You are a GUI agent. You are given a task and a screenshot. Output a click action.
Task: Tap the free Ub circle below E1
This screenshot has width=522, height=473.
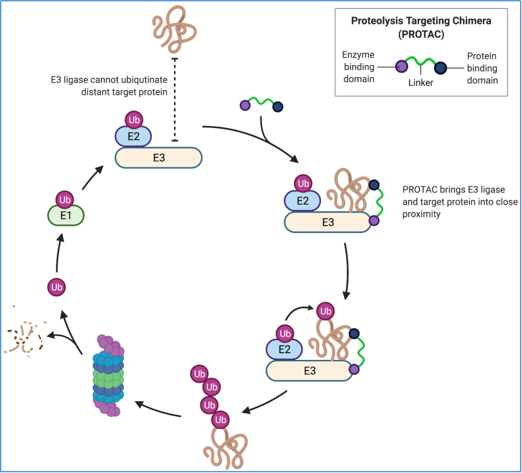(57, 287)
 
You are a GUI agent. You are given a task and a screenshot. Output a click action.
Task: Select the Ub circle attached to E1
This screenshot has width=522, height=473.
(65, 200)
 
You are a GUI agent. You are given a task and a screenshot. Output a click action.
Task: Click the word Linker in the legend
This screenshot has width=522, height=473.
(421, 83)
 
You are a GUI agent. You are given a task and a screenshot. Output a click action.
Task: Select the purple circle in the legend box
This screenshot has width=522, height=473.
(401, 67)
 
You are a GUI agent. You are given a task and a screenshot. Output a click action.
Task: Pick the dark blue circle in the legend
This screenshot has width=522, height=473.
(441, 67)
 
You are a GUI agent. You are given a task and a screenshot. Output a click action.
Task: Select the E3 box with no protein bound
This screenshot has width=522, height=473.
(158, 158)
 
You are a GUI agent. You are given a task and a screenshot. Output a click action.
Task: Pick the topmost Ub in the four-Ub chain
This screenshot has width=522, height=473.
(199, 373)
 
